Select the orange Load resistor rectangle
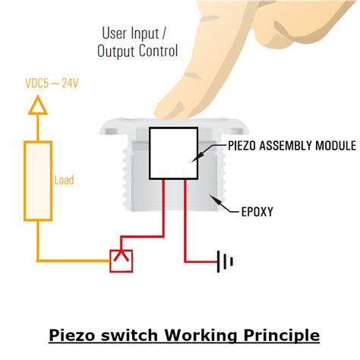[x=36, y=181]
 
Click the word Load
[x=64, y=181]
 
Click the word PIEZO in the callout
[x=244, y=145]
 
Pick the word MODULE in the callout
[x=336, y=145]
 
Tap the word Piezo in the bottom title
[x=71, y=335]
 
